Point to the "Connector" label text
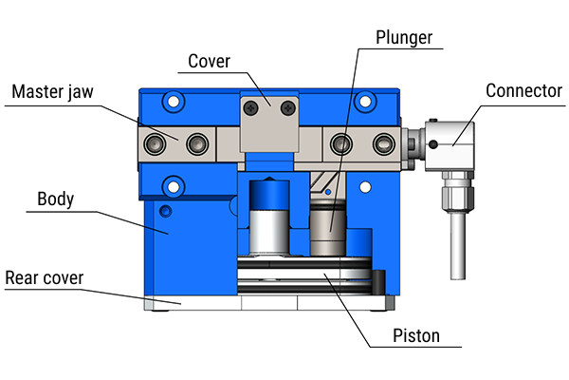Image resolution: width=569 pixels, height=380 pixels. tap(523, 91)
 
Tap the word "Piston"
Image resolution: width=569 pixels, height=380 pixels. tap(415, 336)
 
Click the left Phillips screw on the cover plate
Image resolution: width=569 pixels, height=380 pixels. tap(252, 109)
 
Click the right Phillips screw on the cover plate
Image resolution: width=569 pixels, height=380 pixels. tap(285, 109)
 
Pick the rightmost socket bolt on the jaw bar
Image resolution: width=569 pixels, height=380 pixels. tap(382, 143)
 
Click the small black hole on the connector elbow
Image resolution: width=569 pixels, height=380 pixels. tap(433, 143)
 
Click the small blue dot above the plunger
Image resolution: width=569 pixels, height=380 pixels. tap(327, 193)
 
